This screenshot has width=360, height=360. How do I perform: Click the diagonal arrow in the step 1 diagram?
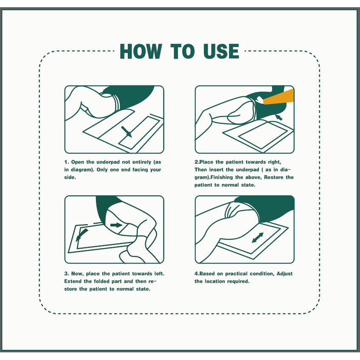(x=127, y=132)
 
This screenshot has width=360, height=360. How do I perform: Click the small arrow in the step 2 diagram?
(x=279, y=117)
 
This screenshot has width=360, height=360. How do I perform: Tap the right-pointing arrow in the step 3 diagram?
(x=116, y=225)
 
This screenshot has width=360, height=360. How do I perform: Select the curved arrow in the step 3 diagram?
(x=82, y=235)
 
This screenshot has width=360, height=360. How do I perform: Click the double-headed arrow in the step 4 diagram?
(x=258, y=238)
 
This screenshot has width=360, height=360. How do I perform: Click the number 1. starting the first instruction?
(x=67, y=162)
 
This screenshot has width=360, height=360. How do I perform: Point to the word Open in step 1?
(x=78, y=162)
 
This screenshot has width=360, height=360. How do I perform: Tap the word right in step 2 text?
(x=274, y=162)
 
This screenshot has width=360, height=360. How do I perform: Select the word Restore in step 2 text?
(x=274, y=177)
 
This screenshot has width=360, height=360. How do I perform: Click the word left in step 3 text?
(x=159, y=274)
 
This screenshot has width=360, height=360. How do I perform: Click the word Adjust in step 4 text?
(x=284, y=274)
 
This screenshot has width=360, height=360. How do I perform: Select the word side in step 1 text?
(x=70, y=177)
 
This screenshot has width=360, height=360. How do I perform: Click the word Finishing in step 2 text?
(x=221, y=177)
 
